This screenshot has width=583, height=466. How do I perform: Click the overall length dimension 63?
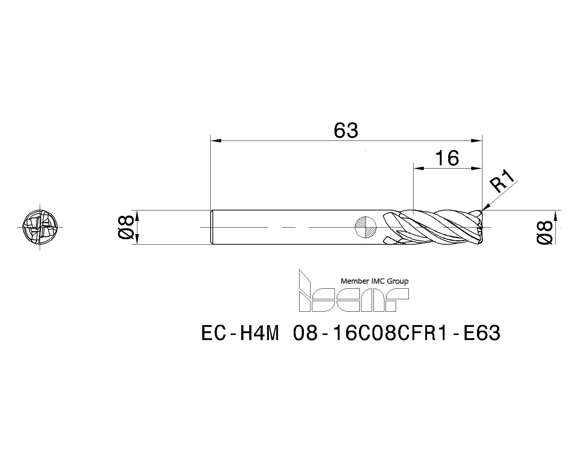346,130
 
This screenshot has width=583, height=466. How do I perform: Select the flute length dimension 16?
447,158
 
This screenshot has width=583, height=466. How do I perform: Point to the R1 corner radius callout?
503,182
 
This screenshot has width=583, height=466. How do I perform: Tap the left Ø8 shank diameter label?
126,227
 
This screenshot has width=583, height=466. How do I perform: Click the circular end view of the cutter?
40,227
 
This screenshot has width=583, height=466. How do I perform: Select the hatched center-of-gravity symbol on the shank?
366,227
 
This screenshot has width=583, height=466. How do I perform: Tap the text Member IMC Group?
374,281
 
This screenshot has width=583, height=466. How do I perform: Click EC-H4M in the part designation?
240,333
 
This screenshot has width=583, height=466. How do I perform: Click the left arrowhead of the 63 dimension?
216,140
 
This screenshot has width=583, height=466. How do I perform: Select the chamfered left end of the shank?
212,227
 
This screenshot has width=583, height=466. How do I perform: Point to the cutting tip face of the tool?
481,228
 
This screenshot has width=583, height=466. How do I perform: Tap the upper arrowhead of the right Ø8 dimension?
556,216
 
